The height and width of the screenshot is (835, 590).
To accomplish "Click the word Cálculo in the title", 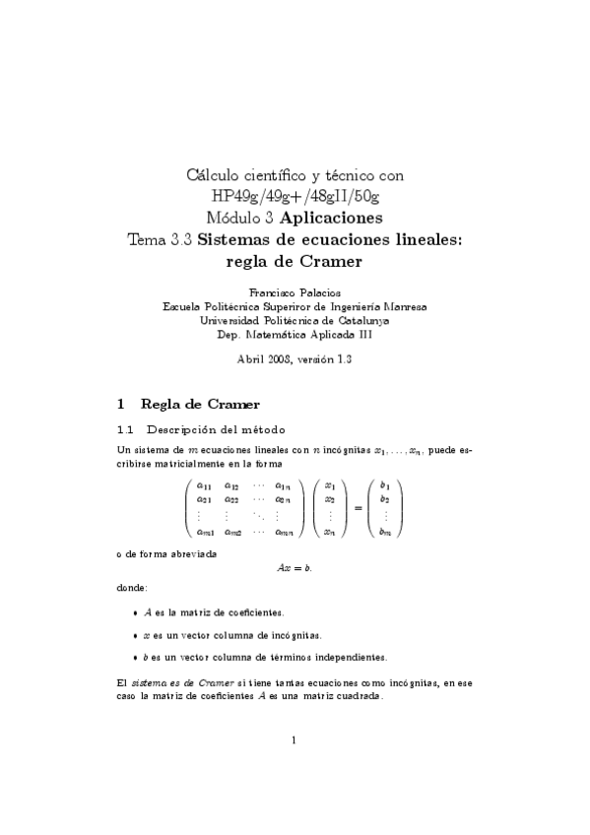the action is (215, 176).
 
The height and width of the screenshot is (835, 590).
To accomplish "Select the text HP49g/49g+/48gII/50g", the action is (295, 196).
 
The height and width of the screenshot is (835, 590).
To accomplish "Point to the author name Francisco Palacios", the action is (295, 293).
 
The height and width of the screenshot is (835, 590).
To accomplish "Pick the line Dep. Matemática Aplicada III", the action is (295, 334).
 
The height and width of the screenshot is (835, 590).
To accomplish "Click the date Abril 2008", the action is (263, 358).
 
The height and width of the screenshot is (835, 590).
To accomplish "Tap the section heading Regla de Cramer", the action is (200, 404).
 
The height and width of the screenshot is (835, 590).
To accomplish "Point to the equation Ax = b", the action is (295, 568).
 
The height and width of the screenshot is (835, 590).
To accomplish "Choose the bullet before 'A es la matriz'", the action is (134, 612).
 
